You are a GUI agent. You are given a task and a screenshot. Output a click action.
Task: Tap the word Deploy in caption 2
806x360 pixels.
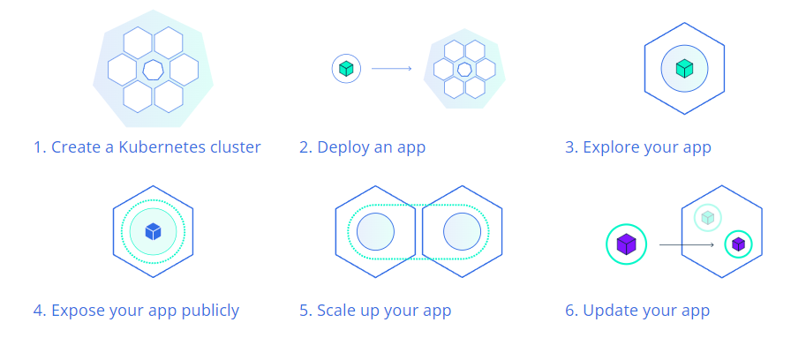point(340,148)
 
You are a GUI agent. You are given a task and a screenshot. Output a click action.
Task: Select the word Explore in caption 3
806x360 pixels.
point(607,148)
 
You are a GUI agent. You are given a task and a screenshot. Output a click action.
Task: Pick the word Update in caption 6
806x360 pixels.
point(606,311)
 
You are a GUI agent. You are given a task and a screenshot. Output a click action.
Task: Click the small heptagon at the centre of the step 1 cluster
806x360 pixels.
point(154,70)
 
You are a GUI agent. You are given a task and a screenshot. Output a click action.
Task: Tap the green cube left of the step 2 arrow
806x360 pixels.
point(346,68)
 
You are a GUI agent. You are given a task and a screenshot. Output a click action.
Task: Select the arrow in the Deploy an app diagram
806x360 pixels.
point(392,68)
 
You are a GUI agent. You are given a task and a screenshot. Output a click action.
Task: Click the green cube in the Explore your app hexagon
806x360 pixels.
point(684,68)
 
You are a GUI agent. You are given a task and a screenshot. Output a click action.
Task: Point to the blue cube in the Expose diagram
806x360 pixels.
point(154,231)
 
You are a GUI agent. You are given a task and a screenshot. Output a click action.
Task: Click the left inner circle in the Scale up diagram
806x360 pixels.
point(375,231)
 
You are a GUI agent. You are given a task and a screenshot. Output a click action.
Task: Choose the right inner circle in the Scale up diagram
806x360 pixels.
point(462,231)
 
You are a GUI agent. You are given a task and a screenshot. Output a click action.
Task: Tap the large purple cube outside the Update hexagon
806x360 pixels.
point(626,244)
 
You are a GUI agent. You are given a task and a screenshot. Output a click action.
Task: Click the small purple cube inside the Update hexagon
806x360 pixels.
point(738,244)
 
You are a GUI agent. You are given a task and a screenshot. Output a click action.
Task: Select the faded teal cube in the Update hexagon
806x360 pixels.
point(708,218)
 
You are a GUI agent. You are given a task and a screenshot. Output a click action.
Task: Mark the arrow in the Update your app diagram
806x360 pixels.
point(687,245)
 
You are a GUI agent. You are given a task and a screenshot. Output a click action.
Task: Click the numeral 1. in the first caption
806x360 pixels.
point(40,148)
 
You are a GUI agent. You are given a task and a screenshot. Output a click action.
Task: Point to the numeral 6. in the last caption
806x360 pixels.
point(571,311)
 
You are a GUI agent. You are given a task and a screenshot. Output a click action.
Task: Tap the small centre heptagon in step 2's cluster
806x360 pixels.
point(464,70)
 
